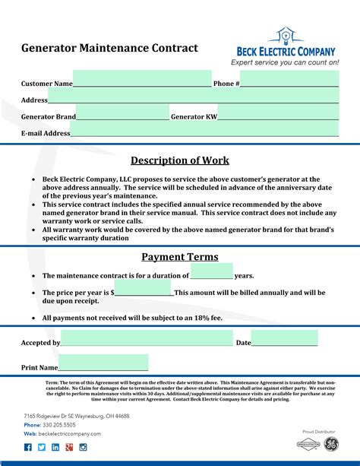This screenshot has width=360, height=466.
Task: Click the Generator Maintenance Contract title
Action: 109,48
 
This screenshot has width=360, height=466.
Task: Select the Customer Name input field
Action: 142,79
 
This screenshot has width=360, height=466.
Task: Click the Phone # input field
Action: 289,79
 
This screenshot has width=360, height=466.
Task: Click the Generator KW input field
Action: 277,113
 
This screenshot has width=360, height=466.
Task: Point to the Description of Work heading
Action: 180,160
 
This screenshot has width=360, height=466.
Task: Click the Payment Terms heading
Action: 180,257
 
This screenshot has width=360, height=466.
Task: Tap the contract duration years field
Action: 211,272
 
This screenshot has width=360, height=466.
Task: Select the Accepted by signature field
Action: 147,339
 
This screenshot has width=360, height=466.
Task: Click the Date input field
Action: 284,339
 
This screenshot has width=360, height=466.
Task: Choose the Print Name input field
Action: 103,363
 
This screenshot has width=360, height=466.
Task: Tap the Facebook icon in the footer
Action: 28,448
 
